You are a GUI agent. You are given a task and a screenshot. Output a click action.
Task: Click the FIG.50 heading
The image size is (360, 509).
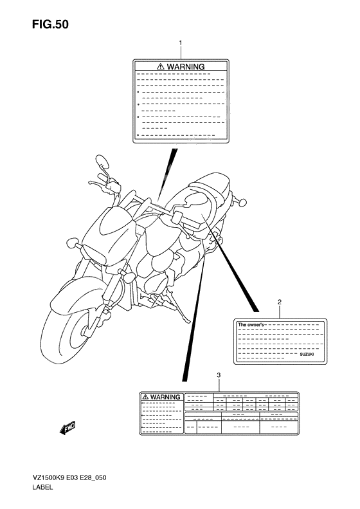[x=50, y=24]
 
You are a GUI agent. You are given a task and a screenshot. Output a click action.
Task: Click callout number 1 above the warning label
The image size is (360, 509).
[x=181, y=42]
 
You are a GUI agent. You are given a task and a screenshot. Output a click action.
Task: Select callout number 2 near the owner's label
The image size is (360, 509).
[x=280, y=302]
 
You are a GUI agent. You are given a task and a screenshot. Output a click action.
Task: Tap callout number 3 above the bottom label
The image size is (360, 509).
[x=219, y=375]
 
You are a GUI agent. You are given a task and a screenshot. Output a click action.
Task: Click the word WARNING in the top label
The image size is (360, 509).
[x=186, y=67]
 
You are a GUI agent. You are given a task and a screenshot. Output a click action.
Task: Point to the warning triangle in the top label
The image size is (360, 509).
[x=161, y=67]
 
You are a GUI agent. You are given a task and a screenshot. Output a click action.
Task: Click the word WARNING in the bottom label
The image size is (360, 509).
[x=165, y=397]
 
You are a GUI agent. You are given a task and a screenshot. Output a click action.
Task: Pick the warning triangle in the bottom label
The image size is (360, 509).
[x=145, y=397]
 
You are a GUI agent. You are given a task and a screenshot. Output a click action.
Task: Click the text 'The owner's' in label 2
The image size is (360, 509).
[x=251, y=324]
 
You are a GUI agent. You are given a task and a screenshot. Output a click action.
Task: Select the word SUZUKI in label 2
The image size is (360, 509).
[x=307, y=355]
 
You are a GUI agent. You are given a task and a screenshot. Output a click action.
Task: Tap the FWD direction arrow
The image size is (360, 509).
[x=67, y=427]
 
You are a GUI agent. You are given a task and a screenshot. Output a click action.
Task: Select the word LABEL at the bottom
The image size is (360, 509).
[x=42, y=487]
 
